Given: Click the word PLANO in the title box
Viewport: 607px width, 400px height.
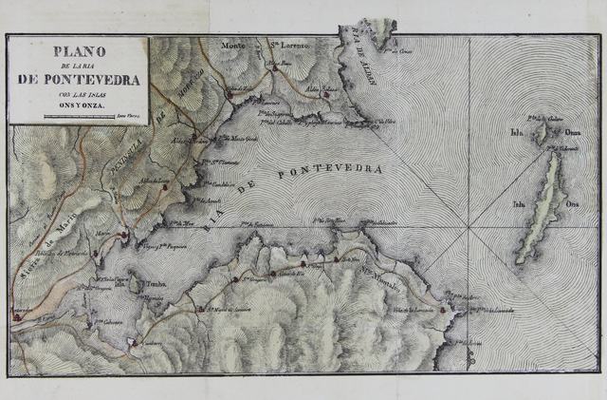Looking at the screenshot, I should coord(78,51).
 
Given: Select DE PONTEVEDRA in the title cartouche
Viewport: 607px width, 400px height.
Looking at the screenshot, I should coord(78,80).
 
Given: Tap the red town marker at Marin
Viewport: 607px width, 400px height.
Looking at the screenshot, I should coord(123,230).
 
